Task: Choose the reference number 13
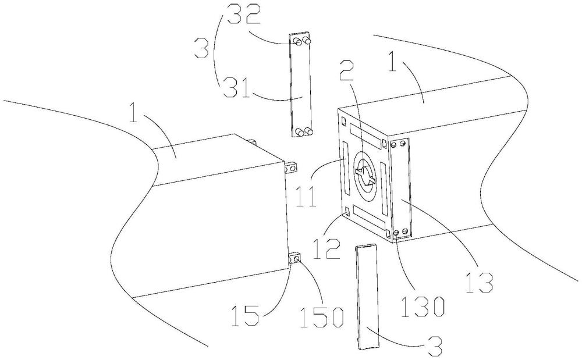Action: tap(479, 281)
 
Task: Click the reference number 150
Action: tap(321, 317)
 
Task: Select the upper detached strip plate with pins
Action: tap(300, 85)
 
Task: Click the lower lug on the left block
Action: tap(294, 259)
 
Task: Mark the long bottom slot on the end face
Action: tap(370, 216)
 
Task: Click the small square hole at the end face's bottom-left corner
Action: tap(347, 212)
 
